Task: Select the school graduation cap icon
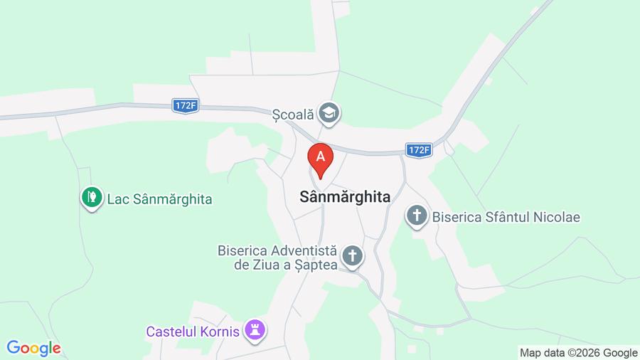329,112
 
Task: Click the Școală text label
293,113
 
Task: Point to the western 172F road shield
185,105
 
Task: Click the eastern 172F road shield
419,150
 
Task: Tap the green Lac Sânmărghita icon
91,198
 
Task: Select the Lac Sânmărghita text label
159,198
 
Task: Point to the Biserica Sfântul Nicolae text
506,216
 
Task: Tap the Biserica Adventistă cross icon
352,256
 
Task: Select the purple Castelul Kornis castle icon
255,329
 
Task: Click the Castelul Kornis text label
196,331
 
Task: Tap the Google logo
33,348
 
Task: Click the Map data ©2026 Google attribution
578,352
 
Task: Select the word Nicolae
556,216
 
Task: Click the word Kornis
221,331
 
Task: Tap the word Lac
117,198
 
